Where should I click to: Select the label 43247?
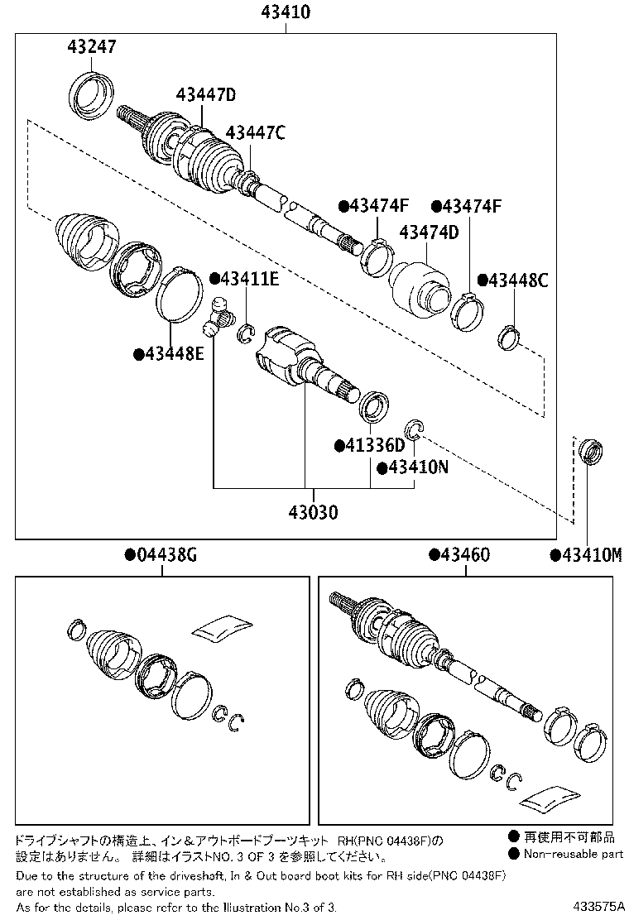pos(92,47)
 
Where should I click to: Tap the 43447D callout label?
pos(205,95)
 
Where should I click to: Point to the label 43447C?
pos(255,132)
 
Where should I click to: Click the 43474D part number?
pos(429,232)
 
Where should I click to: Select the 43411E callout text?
pos(248,279)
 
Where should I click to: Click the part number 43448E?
pos(173,354)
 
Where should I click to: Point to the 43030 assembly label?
pos(313,512)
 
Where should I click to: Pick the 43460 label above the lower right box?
pos(463,555)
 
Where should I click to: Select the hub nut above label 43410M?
pos(590,453)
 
